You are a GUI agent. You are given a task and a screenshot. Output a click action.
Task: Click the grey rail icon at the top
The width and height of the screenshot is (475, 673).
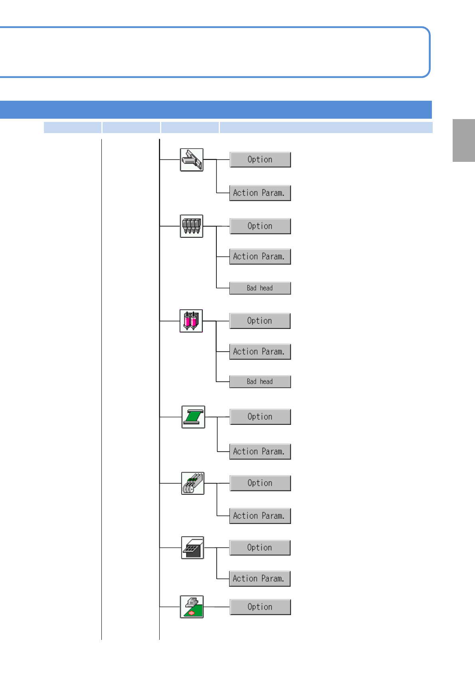click(192, 160)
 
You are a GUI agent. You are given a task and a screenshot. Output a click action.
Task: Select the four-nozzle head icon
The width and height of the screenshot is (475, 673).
click(192, 226)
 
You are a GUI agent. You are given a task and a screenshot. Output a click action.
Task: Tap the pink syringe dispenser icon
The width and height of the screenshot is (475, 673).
click(191, 321)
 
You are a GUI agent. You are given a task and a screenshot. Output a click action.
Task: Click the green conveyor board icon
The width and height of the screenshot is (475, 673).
click(193, 417)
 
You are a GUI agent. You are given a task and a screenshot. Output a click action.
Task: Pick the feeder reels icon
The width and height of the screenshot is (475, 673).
click(193, 483)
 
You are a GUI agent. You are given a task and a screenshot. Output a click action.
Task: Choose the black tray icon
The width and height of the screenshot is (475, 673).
click(192, 548)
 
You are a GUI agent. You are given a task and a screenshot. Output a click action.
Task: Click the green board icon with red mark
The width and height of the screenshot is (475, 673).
click(192, 607)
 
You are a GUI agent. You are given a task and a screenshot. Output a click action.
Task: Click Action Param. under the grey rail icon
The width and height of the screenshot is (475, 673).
click(260, 193)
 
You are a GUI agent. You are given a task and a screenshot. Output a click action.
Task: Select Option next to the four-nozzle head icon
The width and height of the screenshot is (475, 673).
click(260, 226)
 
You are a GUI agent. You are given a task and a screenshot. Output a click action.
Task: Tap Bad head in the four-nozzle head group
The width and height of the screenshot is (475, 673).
click(260, 288)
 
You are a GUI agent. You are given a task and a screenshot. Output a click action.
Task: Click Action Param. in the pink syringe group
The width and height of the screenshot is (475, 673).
click(260, 352)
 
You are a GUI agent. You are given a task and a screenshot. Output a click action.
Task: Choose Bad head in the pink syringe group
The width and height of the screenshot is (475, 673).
click(260, 382)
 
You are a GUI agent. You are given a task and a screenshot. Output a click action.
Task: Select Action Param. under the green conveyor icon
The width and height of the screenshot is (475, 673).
click(260, 452)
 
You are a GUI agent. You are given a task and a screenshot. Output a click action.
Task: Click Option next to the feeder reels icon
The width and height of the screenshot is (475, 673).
click(260, 483)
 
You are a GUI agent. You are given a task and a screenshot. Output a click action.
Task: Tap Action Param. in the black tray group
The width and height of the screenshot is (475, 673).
click(259, 579)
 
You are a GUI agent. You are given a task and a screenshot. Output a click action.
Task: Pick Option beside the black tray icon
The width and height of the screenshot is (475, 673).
click(259, 548)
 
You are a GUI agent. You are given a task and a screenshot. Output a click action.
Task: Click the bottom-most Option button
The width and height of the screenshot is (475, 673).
click(260, 607)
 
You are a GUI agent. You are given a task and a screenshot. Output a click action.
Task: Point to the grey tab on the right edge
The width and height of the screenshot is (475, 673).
click(463, 140)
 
